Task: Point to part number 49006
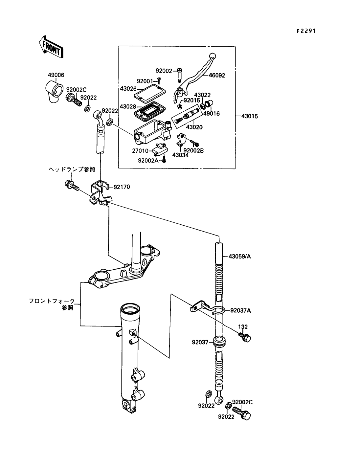point(56,75)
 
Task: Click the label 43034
point(181,155)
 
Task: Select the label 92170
point(122,187)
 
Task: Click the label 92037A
point(240,310)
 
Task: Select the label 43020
point(194,127)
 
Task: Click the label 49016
point(212,114)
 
